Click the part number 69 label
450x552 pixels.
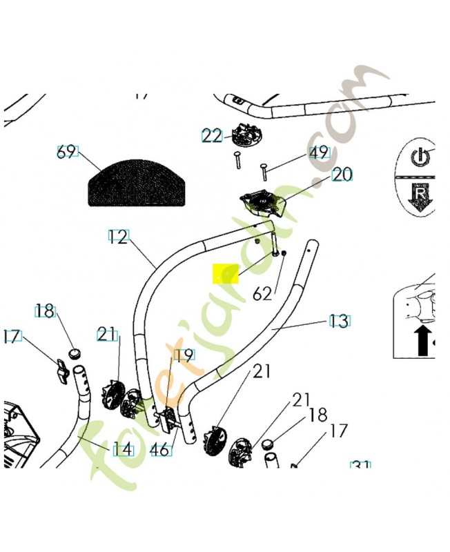67,152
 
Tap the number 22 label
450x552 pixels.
212,136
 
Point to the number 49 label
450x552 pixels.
318,152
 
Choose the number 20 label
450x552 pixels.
342,175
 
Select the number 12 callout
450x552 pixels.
118,237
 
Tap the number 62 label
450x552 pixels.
262,294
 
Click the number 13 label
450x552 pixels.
338,321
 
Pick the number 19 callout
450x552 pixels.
183,355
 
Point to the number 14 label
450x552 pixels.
122,450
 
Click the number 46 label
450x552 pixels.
161,450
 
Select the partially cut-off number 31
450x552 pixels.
361,466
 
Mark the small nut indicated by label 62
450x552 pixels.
284,255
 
